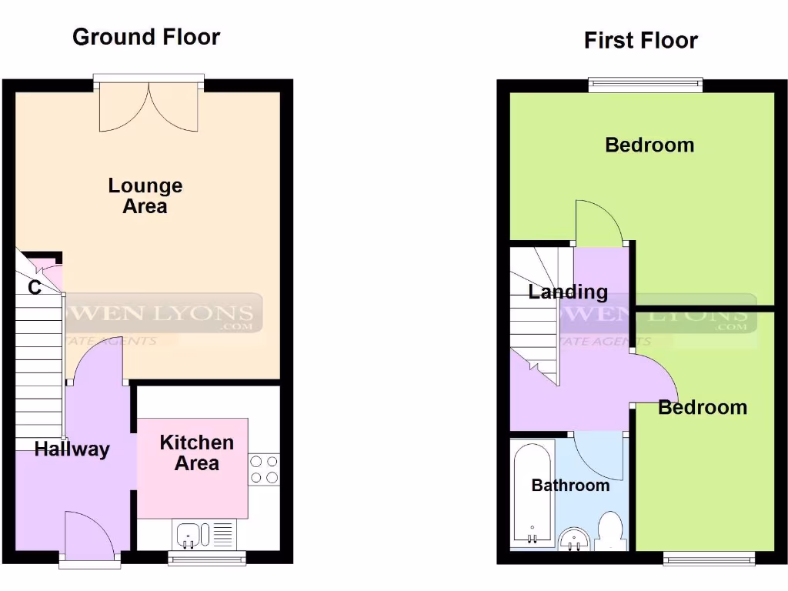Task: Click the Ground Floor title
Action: click(146, 37)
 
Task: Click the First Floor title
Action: click(640, 40)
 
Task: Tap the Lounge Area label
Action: click(145, 195)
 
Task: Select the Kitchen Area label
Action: click(196, 452)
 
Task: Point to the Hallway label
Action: click(72, 449)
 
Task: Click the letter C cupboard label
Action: click(35, 288)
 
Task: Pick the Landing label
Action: click(568, 292)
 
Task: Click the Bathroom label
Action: click(570, 486)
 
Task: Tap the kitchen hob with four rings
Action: click(264, 469)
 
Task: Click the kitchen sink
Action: click(189, 533)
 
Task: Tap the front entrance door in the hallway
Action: click(88, 535)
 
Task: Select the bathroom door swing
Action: click(599, 454)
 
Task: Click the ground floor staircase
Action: click(38, 369)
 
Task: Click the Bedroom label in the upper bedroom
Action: click(649, 145)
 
